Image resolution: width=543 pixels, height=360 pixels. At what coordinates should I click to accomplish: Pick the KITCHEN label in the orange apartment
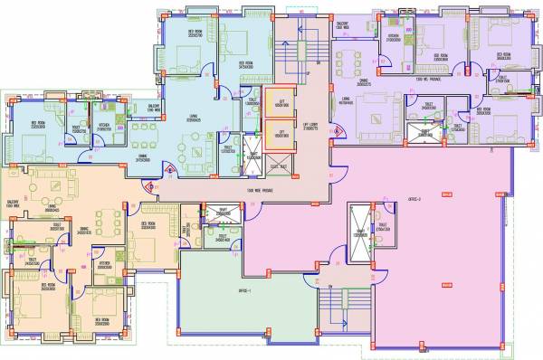[x=105, y=263]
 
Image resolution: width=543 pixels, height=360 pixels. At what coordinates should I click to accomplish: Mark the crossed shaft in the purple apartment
[x=420, y=135]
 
